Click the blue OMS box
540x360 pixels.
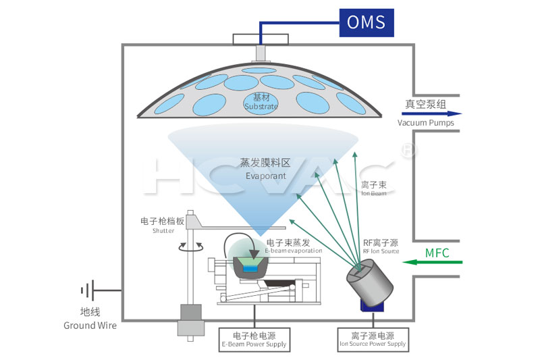point(366,22)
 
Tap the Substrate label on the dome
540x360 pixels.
point(261,103)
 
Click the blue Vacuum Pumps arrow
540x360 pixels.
point(431,113)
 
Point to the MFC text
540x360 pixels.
point(437,253)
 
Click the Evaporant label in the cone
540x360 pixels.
point(265,170)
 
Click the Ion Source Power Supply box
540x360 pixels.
point(373,339)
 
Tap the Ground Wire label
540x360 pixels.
point(90,319)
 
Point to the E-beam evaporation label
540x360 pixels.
point(294,246)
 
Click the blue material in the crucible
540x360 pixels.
point(250,269)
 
